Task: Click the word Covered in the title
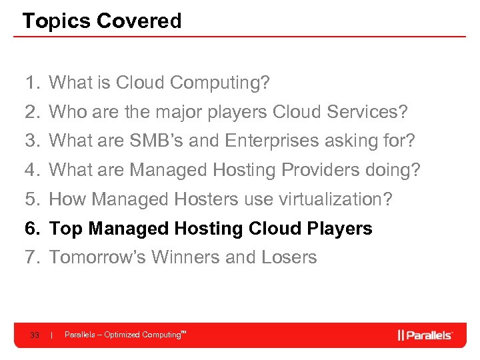pos(139,21)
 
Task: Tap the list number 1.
pos(31,83)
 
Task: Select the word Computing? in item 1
pos(220,83)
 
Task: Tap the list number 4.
pos(31,170)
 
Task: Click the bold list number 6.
pos(31,229)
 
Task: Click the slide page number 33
pos(35,335)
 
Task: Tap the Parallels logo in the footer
pos(425,335)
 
